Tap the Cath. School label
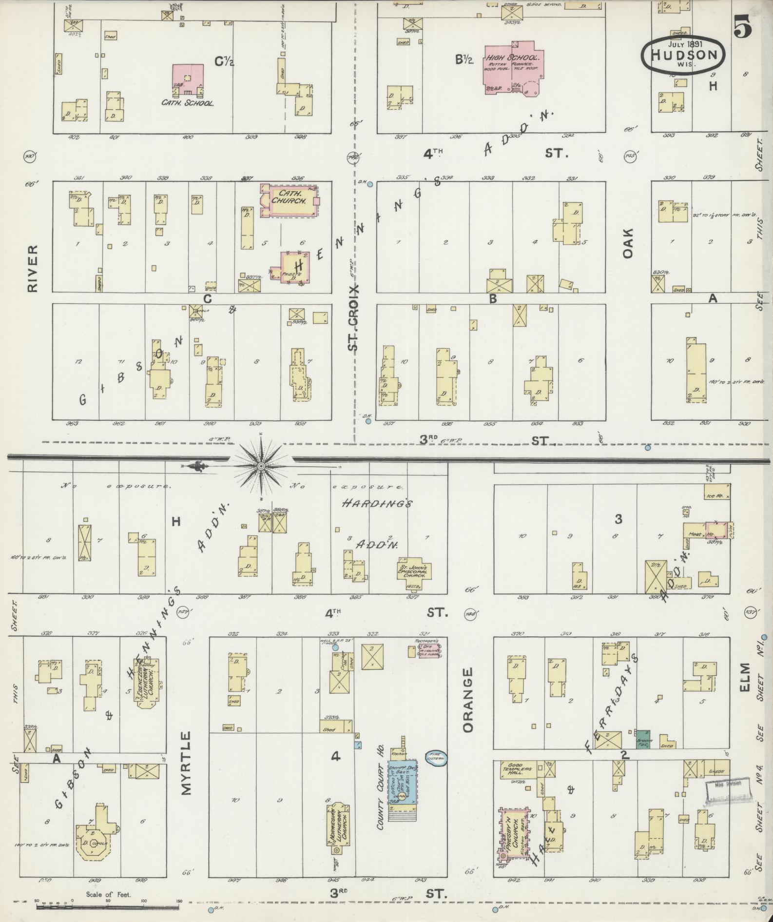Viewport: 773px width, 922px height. tap(188, 103)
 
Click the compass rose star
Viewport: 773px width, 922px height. tap(261, 467)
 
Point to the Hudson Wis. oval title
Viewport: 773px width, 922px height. tap(682, 54)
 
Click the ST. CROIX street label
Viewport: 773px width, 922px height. tap(353, 317)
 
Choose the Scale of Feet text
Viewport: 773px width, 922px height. tap(109, 894)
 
